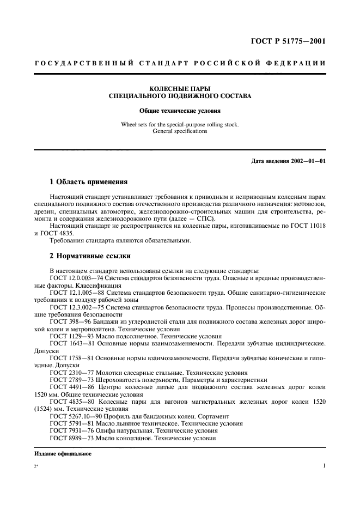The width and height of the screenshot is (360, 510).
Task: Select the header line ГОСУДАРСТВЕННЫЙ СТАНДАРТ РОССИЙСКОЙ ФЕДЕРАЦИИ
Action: [180, 63]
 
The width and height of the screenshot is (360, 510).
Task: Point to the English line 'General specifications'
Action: [180, 131]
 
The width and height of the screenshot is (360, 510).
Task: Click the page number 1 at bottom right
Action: [324, 466]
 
